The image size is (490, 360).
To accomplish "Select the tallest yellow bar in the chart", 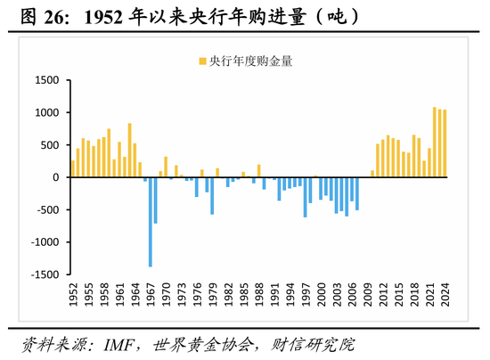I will click(435, 142).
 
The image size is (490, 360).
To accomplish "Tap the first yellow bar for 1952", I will click(72, 168).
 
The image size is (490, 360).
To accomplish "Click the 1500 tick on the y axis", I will click(45, 80).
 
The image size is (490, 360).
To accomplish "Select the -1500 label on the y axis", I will click(42, 274).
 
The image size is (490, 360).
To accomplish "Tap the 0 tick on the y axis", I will click(54, 177).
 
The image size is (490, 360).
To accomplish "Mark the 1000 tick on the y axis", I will click(45, 113).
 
